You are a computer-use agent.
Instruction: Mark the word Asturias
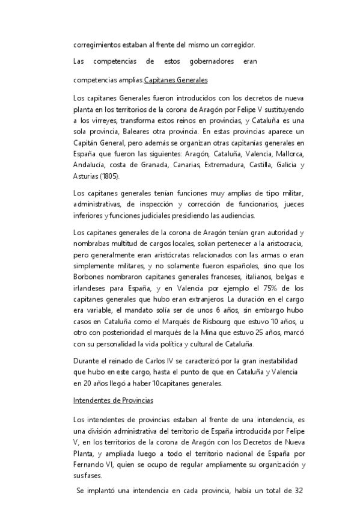[x=86, y=177]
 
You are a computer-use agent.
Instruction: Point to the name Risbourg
[x=222, y=321]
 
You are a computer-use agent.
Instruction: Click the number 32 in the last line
[x=298, y=491]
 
